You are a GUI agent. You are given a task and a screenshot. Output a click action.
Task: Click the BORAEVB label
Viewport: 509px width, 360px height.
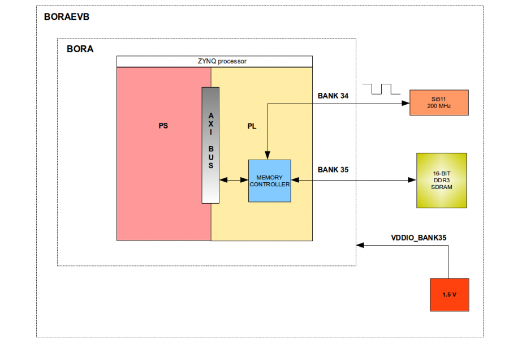[67, 16]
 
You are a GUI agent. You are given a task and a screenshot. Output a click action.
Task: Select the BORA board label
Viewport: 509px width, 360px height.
[80, 49]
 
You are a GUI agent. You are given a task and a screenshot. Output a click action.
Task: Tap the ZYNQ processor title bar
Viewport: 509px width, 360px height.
[214, 61]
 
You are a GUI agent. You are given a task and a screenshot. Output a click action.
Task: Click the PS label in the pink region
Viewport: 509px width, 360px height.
[163, 126]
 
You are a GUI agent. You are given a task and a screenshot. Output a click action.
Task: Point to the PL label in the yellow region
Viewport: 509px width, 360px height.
[252, 126]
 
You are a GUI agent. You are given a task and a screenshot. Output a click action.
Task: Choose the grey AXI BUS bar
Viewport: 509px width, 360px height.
[210, 145]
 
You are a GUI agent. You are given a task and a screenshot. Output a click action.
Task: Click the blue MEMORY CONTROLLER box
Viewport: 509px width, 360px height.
[269, 181]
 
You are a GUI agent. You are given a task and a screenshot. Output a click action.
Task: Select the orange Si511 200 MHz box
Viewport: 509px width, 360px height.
[439, 102]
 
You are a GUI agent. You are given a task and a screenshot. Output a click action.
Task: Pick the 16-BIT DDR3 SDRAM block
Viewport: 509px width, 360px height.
[441, 180]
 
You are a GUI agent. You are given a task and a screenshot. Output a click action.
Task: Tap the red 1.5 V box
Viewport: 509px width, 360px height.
[450, 295]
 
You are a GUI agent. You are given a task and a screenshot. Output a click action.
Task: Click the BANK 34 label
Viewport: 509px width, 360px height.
[333, 96]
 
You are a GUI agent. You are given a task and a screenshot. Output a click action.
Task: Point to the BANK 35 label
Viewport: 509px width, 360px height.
[333, 169]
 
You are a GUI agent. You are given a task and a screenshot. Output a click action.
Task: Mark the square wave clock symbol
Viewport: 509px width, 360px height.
[382, 89]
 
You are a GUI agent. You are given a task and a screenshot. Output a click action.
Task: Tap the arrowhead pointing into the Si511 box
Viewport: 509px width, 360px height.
[405, 103]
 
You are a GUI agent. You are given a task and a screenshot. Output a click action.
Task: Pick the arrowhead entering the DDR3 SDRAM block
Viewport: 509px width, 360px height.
[412, 180]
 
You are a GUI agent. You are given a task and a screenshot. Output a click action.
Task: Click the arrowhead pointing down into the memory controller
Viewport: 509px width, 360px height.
[268, 156]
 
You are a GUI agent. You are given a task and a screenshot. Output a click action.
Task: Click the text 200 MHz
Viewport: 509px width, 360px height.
[439, 106]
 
